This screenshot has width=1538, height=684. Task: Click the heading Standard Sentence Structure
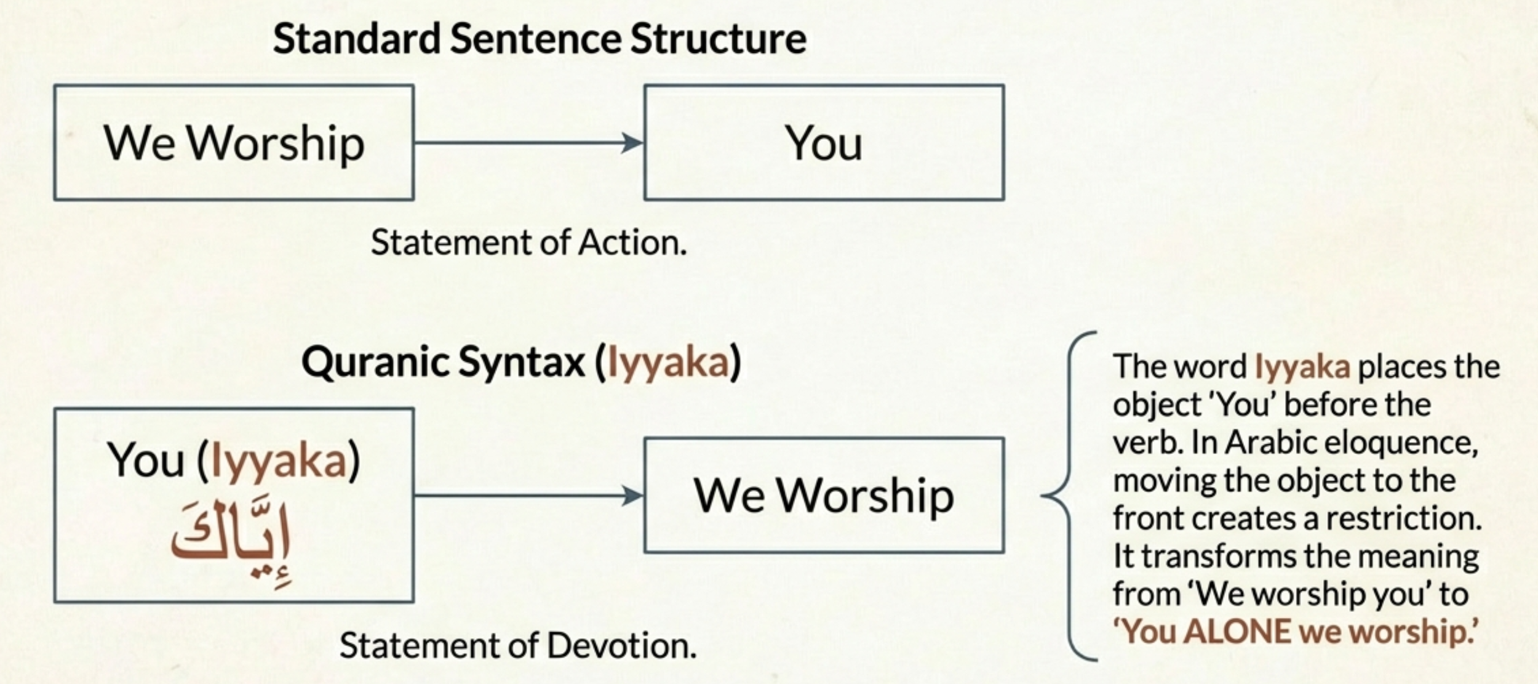pos(540,39)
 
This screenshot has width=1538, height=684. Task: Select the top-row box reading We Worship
pos(234,143)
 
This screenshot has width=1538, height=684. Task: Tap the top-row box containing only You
pos(824,143)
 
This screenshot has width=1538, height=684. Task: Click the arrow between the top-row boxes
pos(529,143)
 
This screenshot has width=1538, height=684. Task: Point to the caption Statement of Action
pos(528,243)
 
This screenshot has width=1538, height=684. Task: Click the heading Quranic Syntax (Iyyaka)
pos(521,362)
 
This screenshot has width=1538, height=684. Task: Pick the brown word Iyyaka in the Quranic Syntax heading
pos(667,362)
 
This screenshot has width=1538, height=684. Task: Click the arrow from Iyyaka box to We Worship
pos(529,496)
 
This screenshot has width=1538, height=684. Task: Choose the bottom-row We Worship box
pos(824,496)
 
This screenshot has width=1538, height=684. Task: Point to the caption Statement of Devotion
pos(518,646)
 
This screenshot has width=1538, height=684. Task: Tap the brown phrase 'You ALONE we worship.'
pos(1296,632)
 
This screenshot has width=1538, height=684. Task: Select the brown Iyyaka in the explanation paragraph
pos(1302,367)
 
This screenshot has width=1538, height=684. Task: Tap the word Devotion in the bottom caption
pos(621,646)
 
